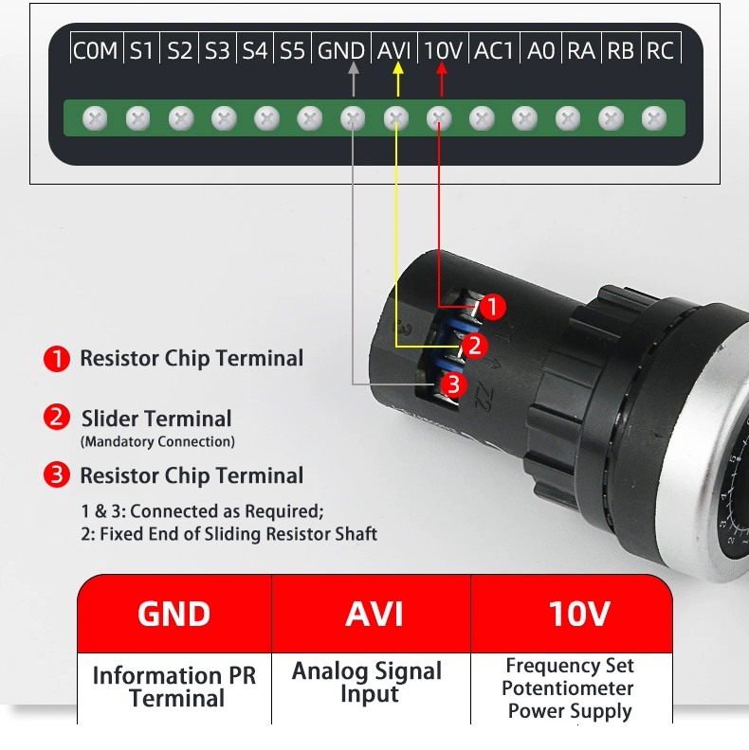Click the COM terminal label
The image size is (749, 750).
point(96,50)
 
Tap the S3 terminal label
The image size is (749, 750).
point(218,50)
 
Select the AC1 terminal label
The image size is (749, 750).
point(493,50)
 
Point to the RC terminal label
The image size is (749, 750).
point(660,50)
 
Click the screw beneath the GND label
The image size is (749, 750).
point(353,118)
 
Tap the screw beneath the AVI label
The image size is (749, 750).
point(396,118)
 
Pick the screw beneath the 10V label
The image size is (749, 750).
point(439,118)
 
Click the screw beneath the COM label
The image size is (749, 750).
point(95,118)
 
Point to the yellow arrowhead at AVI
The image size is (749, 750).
point(398,69)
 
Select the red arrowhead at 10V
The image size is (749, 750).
point(441,69)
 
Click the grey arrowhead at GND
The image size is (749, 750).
point(354,69)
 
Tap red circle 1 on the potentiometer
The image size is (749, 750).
point(492,307)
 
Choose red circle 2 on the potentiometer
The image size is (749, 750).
point(475,346)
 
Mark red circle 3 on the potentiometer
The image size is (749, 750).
point(453,384)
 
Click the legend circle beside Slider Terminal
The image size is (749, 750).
point(57,418)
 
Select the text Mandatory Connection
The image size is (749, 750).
point(157,441)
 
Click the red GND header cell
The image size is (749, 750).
point(174,614)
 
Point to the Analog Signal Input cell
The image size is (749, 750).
point(367,682)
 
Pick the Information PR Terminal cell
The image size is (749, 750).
point(174,687)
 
